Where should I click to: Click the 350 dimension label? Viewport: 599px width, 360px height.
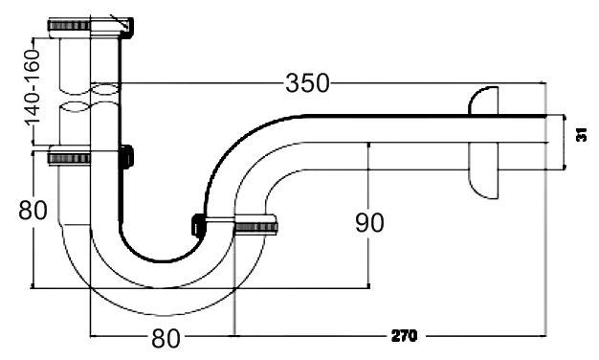pos(307,83)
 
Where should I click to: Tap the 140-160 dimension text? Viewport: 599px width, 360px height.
pos(33,87)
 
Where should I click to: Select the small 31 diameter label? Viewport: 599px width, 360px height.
pos(582,135)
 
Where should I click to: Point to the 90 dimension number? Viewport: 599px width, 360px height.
pos(369,223)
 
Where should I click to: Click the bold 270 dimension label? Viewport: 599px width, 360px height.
pos(404,336)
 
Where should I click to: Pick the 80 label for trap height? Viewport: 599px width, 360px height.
pos(33,210)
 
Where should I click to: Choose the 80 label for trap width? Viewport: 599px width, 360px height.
pos(166,338)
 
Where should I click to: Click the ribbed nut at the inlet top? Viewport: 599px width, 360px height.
pos(69,26)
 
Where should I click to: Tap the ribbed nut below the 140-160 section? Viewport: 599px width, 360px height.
pos(69,157)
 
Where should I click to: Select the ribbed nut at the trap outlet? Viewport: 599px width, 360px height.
pos(255,227)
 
